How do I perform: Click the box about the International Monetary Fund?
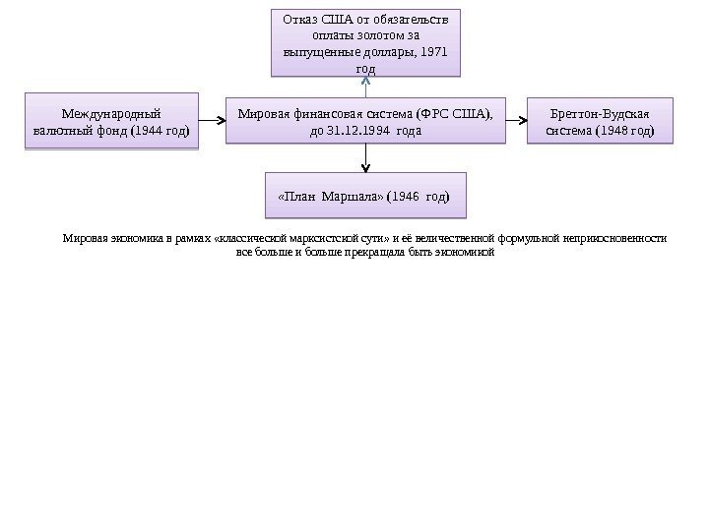point(109,120)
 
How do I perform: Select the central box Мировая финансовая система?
point(364,120)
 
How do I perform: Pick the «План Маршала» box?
point(364,196)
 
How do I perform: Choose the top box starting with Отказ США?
point(364,42)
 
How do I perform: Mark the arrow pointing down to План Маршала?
point(365,157)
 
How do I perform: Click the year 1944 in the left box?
point(151,129)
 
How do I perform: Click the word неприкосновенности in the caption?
point(617,238)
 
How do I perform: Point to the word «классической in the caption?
point(250,238)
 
